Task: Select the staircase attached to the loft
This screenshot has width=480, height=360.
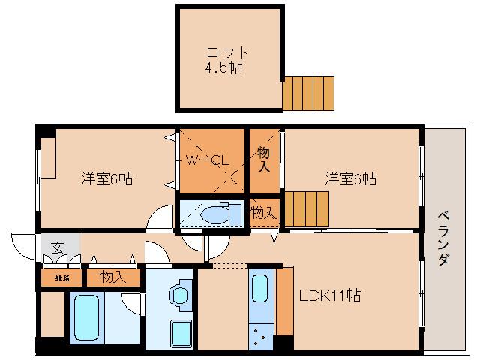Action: coord(307,93)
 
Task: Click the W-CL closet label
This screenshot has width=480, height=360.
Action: coord(206,160)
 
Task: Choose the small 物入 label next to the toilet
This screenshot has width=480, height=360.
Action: coord(262,213)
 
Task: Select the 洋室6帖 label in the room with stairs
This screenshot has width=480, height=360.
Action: coord(350,179)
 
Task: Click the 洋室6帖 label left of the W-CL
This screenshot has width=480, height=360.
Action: coord(106,179)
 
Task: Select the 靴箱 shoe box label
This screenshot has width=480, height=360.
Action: coord(60,277)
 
